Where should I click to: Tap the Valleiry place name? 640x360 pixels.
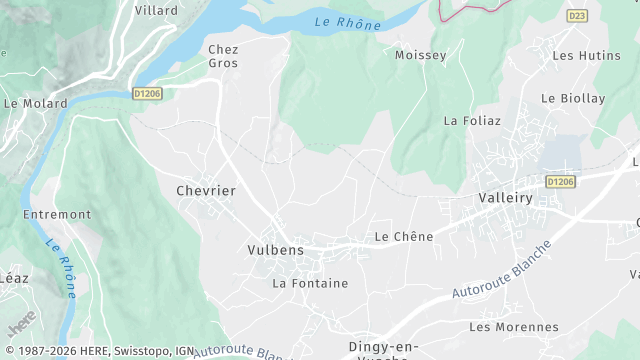coord(505,198)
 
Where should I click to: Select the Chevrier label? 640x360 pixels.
coord(205,190)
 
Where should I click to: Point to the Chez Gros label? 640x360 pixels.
coord(222,55)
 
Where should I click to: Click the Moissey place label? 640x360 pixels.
coord(421,55)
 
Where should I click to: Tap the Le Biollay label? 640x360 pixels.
coord(573,98)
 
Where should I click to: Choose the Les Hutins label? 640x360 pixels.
coord(579,55)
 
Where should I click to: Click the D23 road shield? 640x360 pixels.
coord(577,16)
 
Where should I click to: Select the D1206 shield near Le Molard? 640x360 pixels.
coord(147,93)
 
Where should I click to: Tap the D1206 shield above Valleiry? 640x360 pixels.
coord(560,181)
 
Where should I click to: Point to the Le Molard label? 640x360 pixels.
coord(35,103)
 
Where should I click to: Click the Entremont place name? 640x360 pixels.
coord(58,214)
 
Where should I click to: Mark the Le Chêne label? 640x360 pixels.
coord(403,237)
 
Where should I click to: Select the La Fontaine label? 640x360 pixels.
coord(310,283)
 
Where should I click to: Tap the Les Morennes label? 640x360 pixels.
coord(513,327)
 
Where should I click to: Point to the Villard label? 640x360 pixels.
coord(156,10)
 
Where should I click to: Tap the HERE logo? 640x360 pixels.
coord(21,327)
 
